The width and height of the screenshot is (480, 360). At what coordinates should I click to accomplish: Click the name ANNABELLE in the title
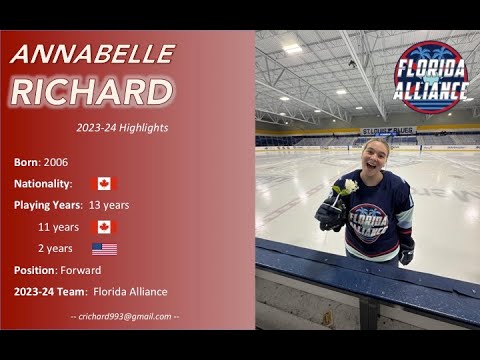coord(92,54)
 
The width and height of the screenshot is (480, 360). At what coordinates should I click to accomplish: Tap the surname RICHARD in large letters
coord(92,91)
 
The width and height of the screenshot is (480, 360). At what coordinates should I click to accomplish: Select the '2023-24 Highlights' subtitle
coord(122,128)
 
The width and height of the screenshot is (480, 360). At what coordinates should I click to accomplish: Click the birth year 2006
coord(56,162)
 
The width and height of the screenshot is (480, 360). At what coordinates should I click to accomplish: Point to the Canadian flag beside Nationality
coord(104,184)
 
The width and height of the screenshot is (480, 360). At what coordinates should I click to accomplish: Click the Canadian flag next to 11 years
coord(104,227)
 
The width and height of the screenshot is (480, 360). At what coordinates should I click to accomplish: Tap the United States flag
coord(104,248)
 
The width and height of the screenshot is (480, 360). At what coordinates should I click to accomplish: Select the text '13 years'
coord(109,205)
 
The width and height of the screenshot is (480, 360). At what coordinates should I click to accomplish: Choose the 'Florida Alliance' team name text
coord(130,292)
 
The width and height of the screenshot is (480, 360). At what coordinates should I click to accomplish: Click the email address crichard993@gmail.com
coord(125,316)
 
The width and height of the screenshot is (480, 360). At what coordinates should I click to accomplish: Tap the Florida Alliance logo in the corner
coord(430,75)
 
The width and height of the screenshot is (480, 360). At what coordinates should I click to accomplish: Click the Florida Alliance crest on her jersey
coord(368,222)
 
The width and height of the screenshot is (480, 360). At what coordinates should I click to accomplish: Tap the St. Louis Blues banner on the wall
coord(387,131)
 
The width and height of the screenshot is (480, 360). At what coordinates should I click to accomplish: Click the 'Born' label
coord(26,162)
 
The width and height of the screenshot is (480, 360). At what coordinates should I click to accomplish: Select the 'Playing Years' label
coord(48,205)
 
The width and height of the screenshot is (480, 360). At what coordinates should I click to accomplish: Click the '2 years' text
coord(55,248)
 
